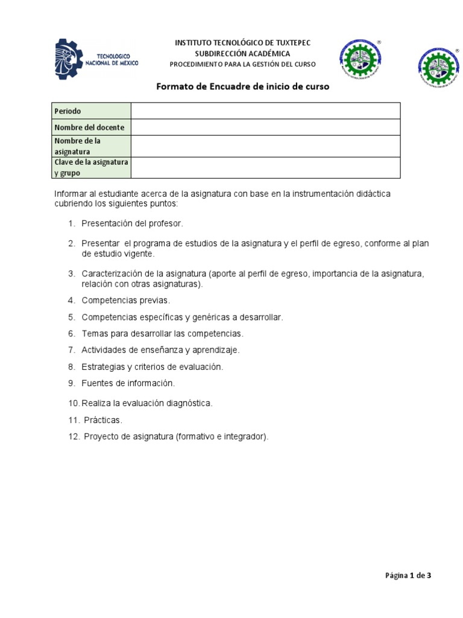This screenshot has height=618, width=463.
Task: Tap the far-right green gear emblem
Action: pyautogui.click(x=438, y=68)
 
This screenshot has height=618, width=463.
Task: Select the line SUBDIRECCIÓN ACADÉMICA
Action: pyautogui.click(x=242, y=54)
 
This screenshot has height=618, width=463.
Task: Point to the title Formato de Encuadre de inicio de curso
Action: pyautogui.click(x=243, y=86)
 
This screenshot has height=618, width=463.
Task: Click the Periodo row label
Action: pyautogui.click(x=68, y=111)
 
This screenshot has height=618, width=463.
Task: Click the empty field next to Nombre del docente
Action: pyautogui.click(x=265, y=127)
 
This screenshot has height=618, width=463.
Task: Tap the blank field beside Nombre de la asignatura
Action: pyautogui.click(x=265, y=146)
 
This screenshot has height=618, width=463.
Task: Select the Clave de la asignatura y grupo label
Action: pyautogui.click(x=91, y=168)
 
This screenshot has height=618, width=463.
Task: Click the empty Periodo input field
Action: pyautogui.click(x=265, y=111)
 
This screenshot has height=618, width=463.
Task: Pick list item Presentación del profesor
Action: pyautogui.click(x=131, y=224)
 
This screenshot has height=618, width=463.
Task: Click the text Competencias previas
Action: pyautogui.click(x=125, y=300)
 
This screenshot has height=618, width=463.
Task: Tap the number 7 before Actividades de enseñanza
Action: pyautogui.click(x=71, y=350)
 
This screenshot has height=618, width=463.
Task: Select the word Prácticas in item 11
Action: pyautogui.click(x=103, y=420)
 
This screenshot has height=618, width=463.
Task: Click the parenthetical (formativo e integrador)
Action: pyautogui.click(x=222, y=437)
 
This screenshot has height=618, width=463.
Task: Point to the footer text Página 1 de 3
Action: pyautogui.click(x=408, y=575)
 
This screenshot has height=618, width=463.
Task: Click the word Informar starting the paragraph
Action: pyautogui.click(x=70, y=194)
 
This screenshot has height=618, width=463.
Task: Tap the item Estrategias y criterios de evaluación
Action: pyautogui.click(x=152, y=367)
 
